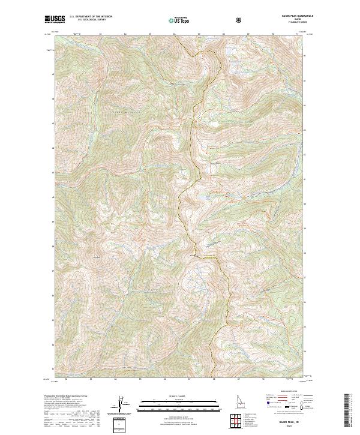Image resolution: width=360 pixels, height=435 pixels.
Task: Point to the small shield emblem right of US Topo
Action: pos(240,20)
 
